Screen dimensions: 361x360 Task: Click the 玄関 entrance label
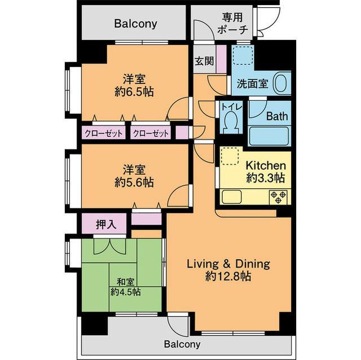204,61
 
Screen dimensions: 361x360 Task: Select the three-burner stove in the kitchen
278,198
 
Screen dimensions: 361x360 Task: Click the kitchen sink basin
232,197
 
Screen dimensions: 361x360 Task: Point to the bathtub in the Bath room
269,136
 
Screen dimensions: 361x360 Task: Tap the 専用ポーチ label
232,24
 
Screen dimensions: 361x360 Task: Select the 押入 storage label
106,224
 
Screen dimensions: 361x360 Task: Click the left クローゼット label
104,134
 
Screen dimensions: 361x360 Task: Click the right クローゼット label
151,134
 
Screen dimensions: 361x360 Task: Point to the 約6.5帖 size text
134,92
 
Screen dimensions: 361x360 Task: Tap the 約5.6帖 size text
134,183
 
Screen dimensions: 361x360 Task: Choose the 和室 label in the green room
125,282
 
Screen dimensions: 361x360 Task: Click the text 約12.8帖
228,276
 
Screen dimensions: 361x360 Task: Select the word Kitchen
266,166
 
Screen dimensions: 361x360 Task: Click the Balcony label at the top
136,24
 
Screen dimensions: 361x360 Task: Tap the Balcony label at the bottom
182,344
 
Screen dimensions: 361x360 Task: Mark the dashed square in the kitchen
230,156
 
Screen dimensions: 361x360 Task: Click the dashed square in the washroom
243,55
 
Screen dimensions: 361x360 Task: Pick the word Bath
277,116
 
